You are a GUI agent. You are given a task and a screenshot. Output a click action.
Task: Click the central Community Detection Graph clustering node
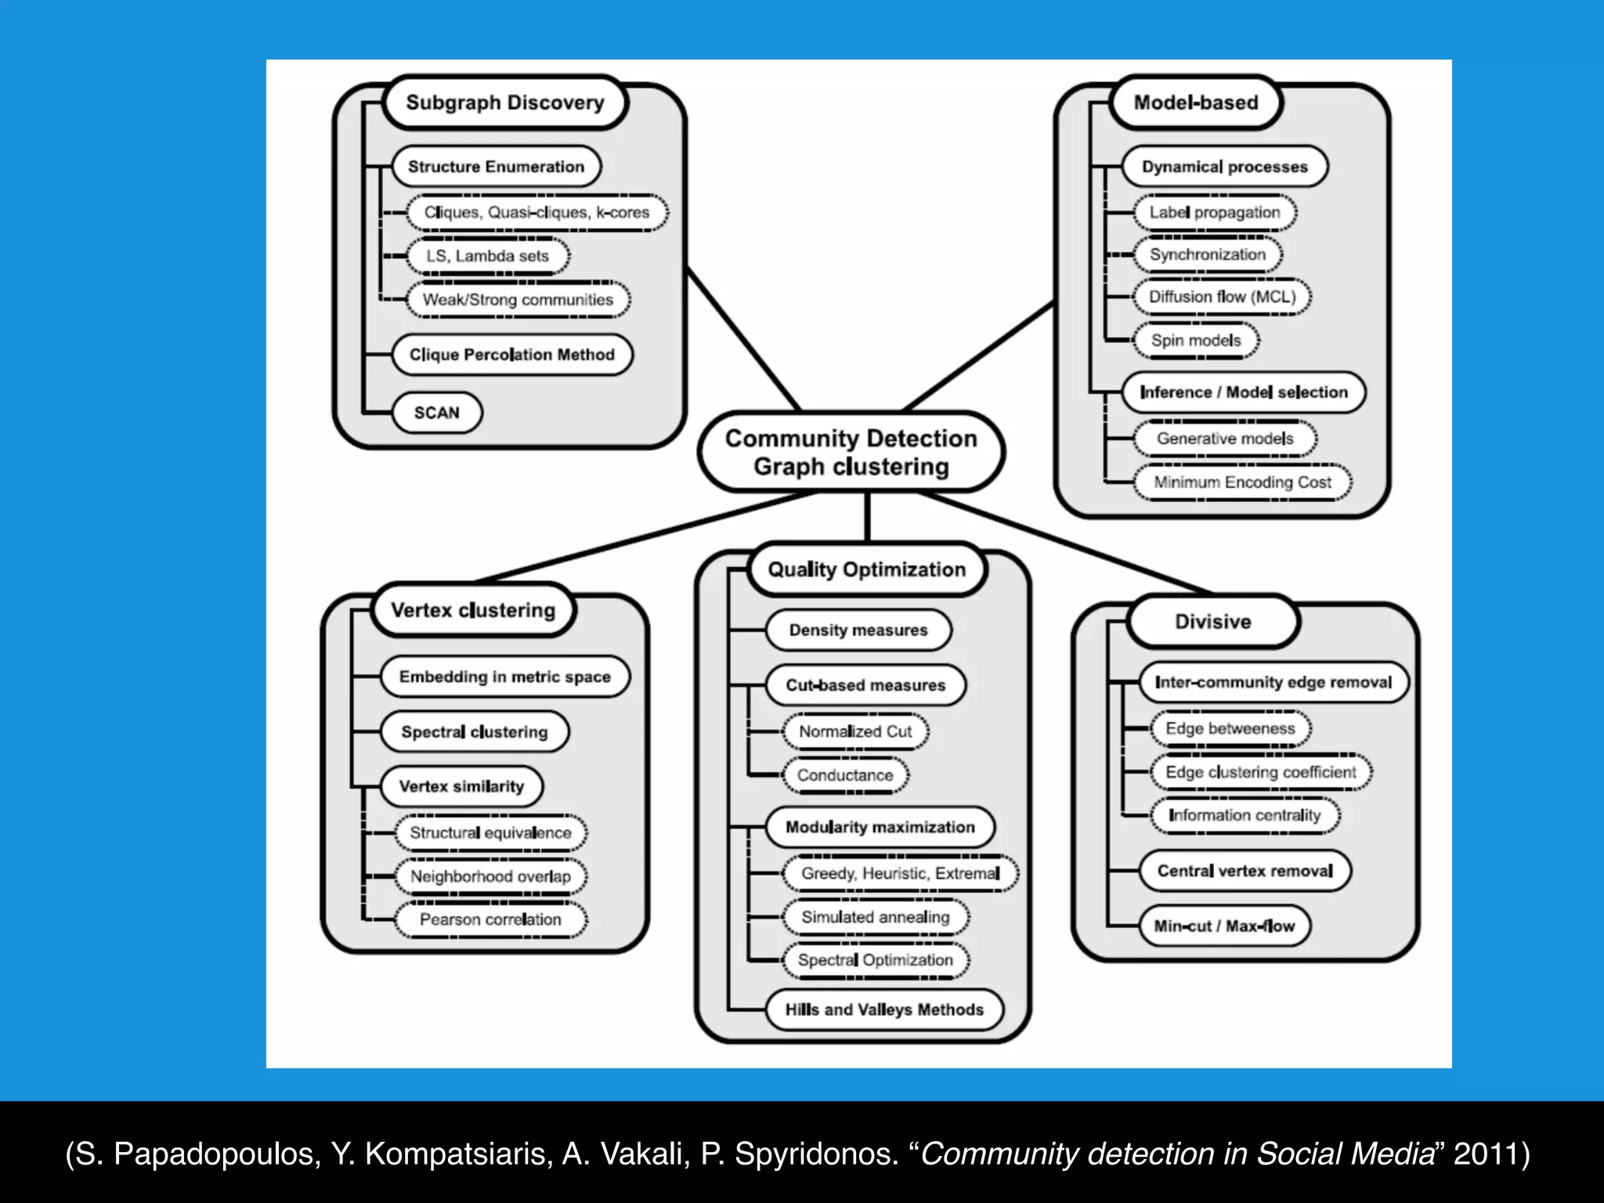tap(851, 452)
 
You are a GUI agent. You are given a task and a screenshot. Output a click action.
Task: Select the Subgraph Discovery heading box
tap(505, 103)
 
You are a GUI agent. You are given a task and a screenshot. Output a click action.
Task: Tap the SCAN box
tap(436, 413)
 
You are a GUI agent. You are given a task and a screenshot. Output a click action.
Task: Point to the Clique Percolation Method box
tap(511, 355)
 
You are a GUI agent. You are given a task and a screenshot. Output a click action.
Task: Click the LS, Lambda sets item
tap(487, 256)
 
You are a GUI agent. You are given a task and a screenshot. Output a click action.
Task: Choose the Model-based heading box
tap(1195, 103)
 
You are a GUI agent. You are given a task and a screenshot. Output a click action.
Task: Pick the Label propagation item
tap(1214, 212)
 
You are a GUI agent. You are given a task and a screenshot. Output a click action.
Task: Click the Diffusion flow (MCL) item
tap(1222, 297)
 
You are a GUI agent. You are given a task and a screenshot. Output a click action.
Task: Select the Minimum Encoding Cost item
tap(1242, 482)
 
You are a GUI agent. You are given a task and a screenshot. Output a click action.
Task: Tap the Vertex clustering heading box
tap(472, 610)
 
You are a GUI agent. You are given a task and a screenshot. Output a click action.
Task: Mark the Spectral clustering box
tap(474, 732)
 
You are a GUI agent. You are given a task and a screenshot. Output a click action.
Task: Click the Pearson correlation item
tap(490, 919)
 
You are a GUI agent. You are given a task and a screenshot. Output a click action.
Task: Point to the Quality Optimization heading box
tap(866, 569)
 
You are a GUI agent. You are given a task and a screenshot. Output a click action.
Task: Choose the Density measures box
tap(858, 630)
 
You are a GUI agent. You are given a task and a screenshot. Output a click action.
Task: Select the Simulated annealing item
tap(875, 917)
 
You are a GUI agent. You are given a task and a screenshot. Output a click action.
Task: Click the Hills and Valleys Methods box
tap(883, 1010)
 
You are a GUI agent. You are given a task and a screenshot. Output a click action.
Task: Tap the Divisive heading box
tap(1212, 622)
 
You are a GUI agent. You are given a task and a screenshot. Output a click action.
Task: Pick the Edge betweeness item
tap(1230, 728)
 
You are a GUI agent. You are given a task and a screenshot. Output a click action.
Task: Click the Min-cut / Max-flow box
tap(1223, 926)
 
